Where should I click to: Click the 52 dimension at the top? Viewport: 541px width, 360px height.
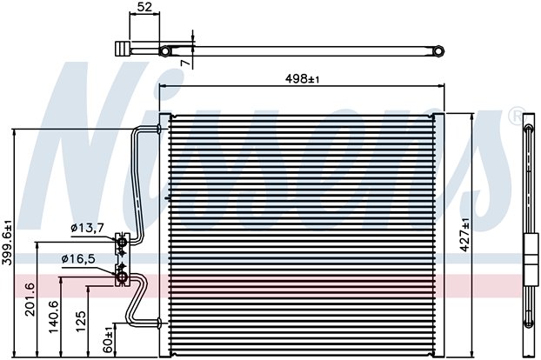(x=144, y=7)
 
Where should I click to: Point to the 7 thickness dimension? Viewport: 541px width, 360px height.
(x=185, y=63)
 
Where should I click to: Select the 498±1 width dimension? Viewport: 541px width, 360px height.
(x=302, y=79)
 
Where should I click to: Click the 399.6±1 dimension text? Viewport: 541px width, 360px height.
(x=7, y=243)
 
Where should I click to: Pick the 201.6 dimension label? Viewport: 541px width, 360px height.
(x=30, y=299)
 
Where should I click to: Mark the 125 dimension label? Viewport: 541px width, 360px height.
(x=80, y=322)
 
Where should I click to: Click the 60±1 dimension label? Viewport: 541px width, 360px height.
(x=108, y=340)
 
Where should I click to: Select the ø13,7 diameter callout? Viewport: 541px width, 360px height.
(x=87, y=228)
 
